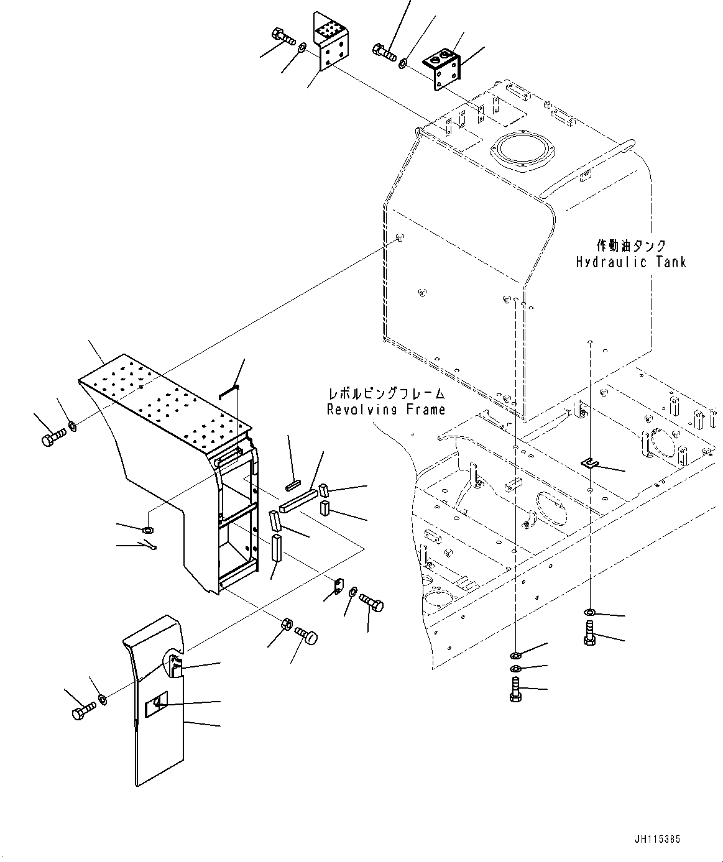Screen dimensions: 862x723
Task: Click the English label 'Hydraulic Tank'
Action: [630, 262]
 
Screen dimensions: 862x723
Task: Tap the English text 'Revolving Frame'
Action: [386, 410]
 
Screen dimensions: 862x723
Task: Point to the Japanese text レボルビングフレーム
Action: [386, 394]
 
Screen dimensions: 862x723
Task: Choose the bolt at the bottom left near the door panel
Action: [83, 710]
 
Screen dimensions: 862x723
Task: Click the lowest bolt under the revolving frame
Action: [515, 690]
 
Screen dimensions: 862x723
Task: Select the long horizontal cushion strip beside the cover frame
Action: [298, 501]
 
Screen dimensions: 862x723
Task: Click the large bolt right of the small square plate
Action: [371, 602]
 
